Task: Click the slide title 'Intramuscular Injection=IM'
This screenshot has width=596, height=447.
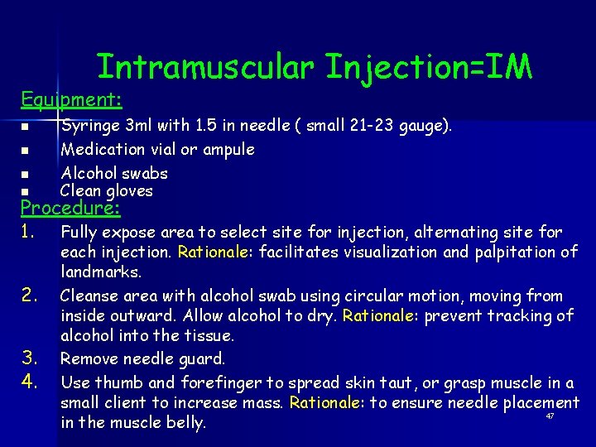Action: tap(314, 67)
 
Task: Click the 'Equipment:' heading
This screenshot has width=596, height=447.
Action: tap(71, 100)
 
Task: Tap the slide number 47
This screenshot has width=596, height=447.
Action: tap(550, 416)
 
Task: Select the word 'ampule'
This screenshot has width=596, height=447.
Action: tap(228, 150)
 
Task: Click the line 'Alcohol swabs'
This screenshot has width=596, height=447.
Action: tap(114, 173)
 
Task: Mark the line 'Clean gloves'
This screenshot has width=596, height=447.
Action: tap(107, 191)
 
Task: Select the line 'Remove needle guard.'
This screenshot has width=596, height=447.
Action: tap(142, 359)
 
